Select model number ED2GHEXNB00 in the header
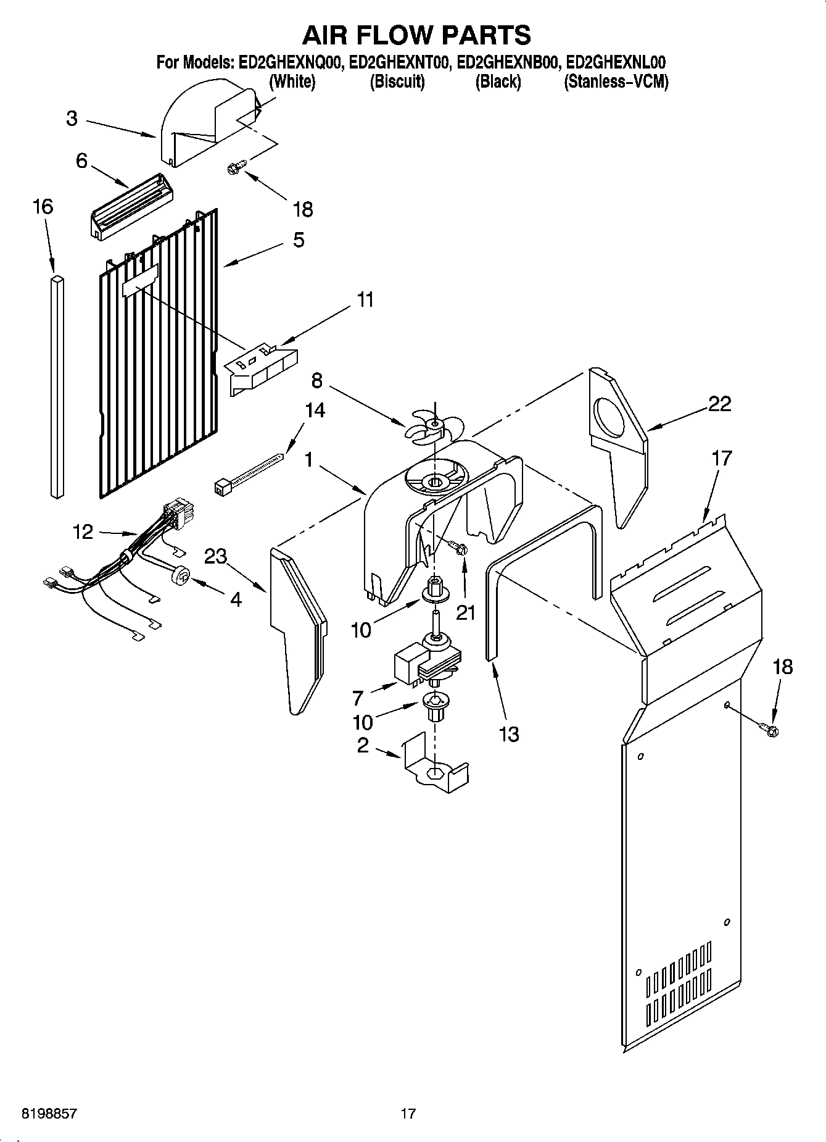click(507, 62)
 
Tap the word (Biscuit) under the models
click(397, 81)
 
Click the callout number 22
click(719, 404)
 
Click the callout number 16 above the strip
click(43, 207)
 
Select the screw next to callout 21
click(460, 548)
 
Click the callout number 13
click(508, 734)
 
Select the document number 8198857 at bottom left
click(49, 1114)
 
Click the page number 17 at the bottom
click(408, 1114)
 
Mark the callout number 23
click(215, 557)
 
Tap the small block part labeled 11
click(262, 369)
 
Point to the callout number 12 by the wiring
click(83, 531)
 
